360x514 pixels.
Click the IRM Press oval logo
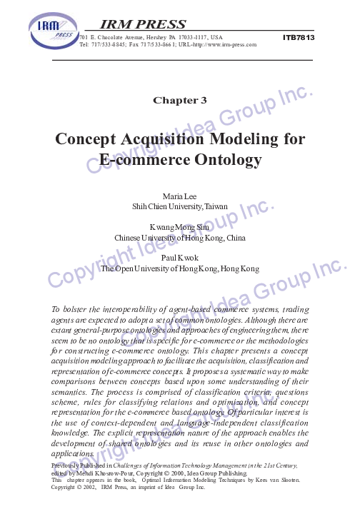click(x=52, y=33)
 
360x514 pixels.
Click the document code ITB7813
click(x=299, y=36)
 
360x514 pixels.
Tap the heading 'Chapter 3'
click(x=180, y=100)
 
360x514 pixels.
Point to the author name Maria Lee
click(x=180, y=196)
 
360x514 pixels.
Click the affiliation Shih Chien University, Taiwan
click(x=180, y=206)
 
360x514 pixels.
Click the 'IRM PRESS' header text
click(x=144, y=24)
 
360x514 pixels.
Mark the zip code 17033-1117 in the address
click(x=189, y=36)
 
